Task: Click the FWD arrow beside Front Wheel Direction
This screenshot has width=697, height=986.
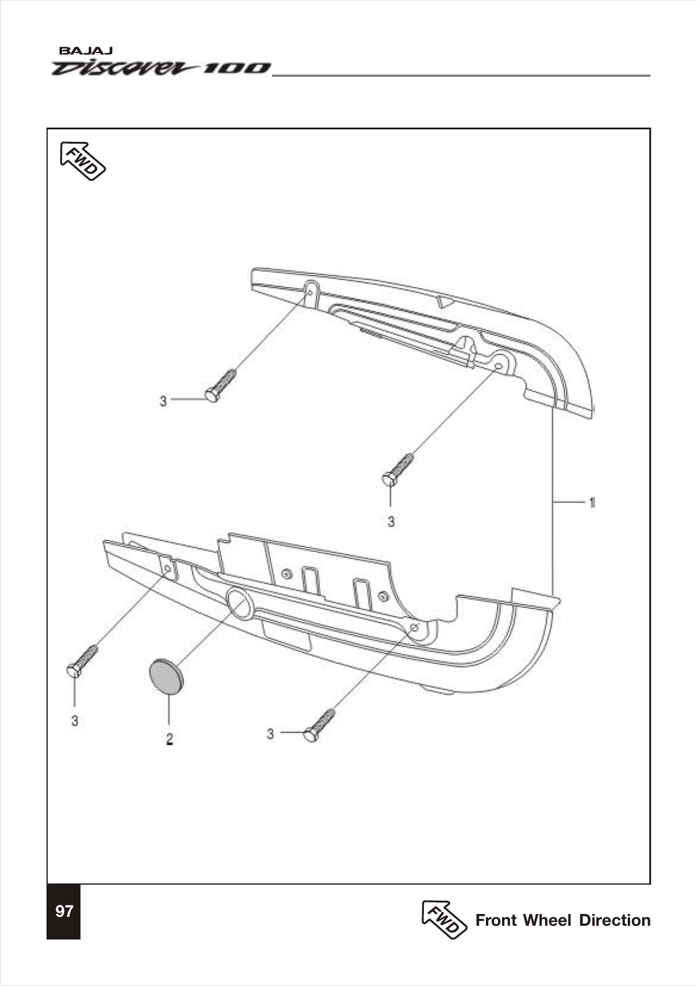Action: point(444,919)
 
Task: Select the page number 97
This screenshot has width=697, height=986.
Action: point(64,911)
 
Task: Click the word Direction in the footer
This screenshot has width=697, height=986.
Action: point(615,920)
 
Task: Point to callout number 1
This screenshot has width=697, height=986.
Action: point(591,503)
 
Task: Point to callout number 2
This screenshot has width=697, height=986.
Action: point(169,739)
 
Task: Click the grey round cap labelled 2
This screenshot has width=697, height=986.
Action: point(166,677)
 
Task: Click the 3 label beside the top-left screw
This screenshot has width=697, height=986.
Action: point(163,401)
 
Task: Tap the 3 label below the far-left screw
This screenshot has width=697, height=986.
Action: point(75,721)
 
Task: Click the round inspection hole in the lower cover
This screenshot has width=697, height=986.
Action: point(240,603)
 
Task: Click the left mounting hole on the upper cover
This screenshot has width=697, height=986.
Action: point(310,292)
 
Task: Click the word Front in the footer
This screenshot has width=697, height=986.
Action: point(496,920)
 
